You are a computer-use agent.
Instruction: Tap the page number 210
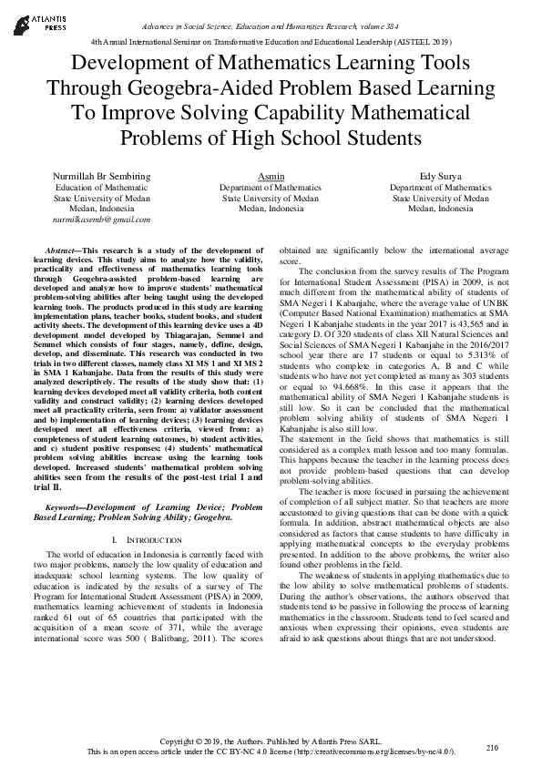pyautogui.click(x=493, y=747)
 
